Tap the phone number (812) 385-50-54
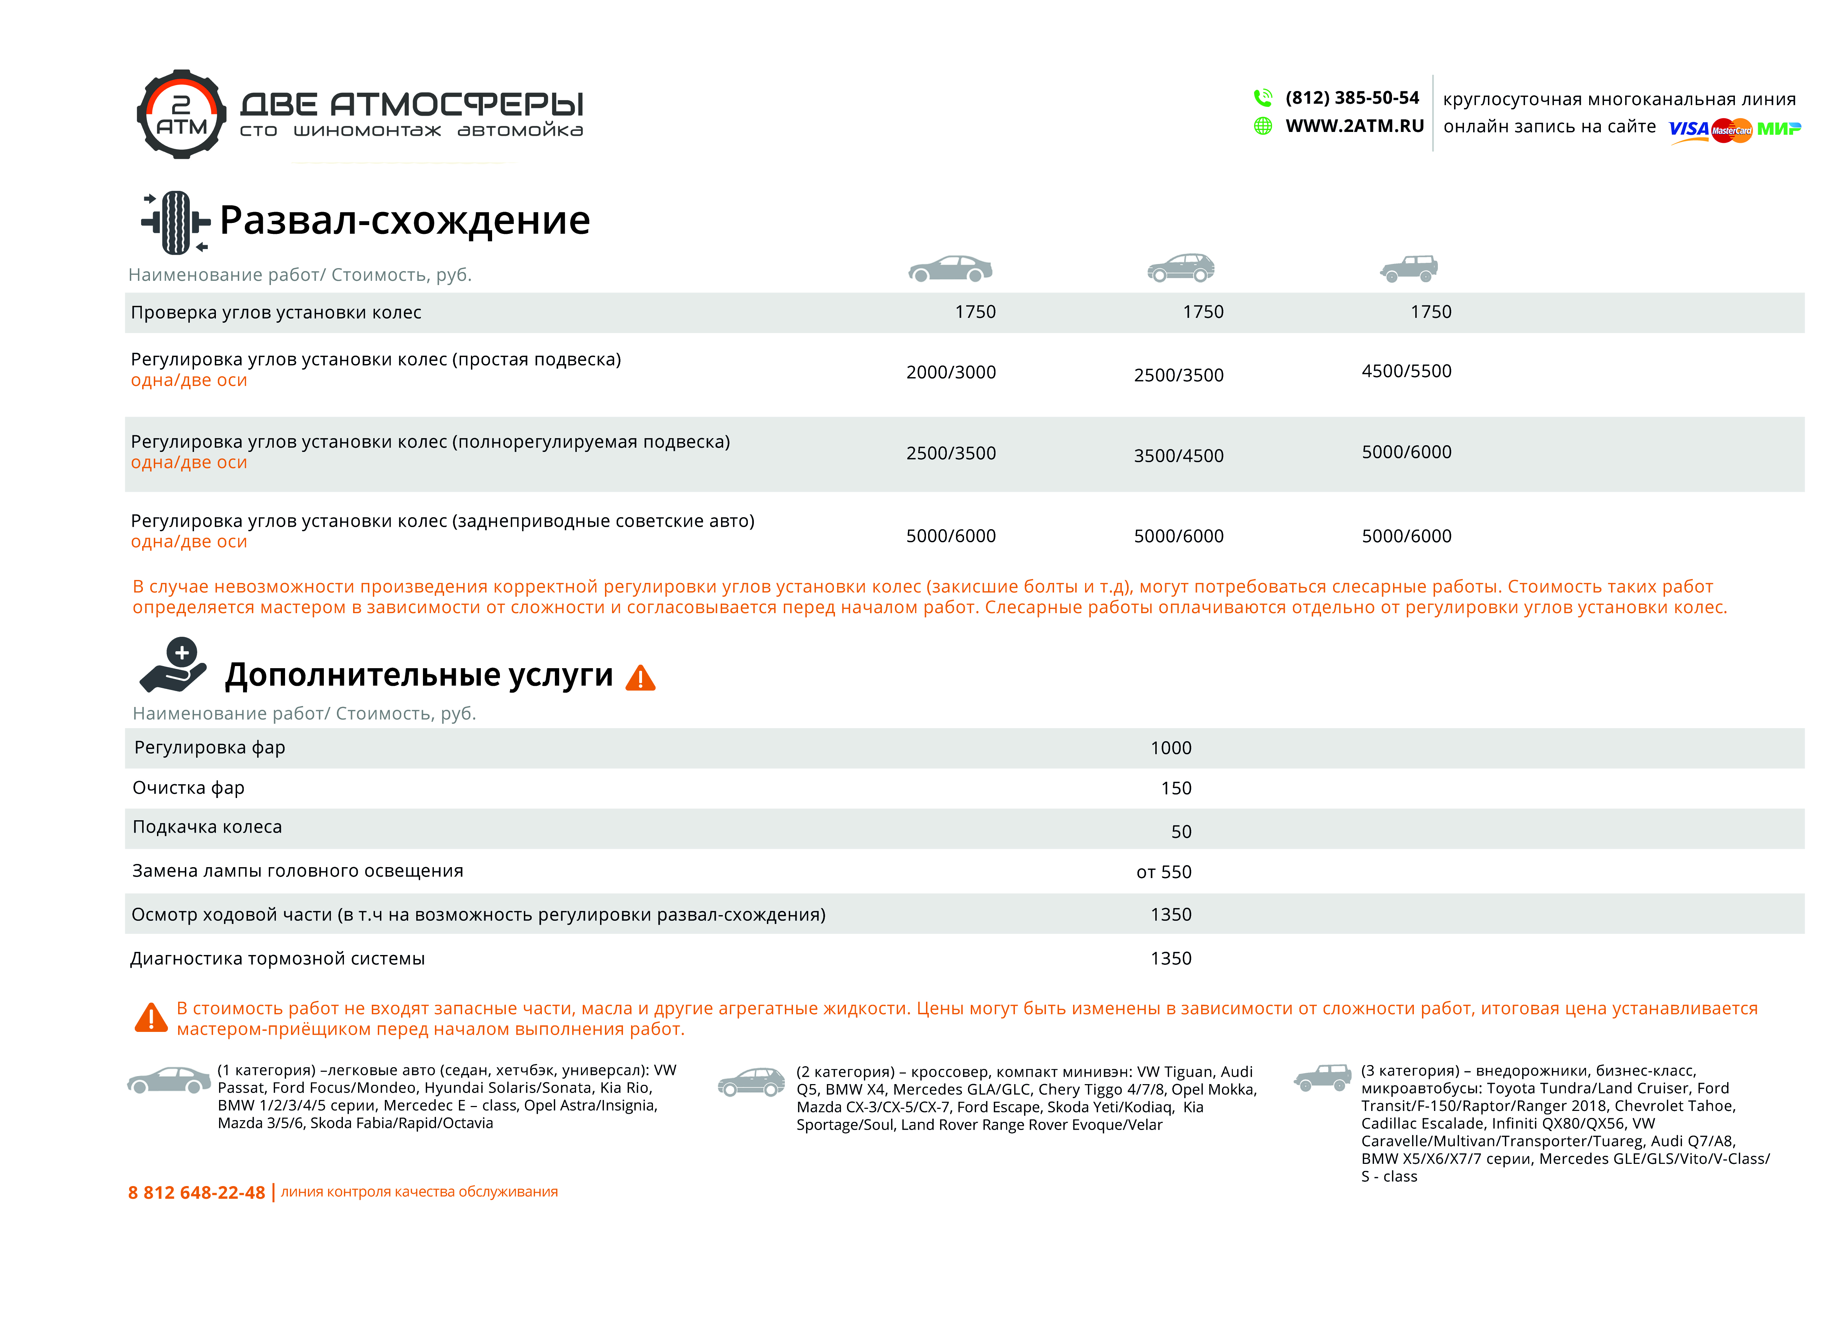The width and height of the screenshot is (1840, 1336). pos(1352,98)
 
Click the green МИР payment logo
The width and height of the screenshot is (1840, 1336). pos(1778,129)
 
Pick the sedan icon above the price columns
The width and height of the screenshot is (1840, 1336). pos(950,268)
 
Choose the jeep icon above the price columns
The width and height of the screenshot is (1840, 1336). pos(1409,268)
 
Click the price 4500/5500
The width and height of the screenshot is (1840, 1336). pos(1406,371)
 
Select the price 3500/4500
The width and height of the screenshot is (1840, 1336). pos(1178,456)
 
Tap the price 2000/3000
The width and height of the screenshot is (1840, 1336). pos(950,372)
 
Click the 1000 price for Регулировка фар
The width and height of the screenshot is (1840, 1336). pos(1171,748)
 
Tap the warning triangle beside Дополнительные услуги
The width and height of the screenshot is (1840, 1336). pos(640,678)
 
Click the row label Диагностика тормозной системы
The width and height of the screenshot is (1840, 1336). pos(278,959)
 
